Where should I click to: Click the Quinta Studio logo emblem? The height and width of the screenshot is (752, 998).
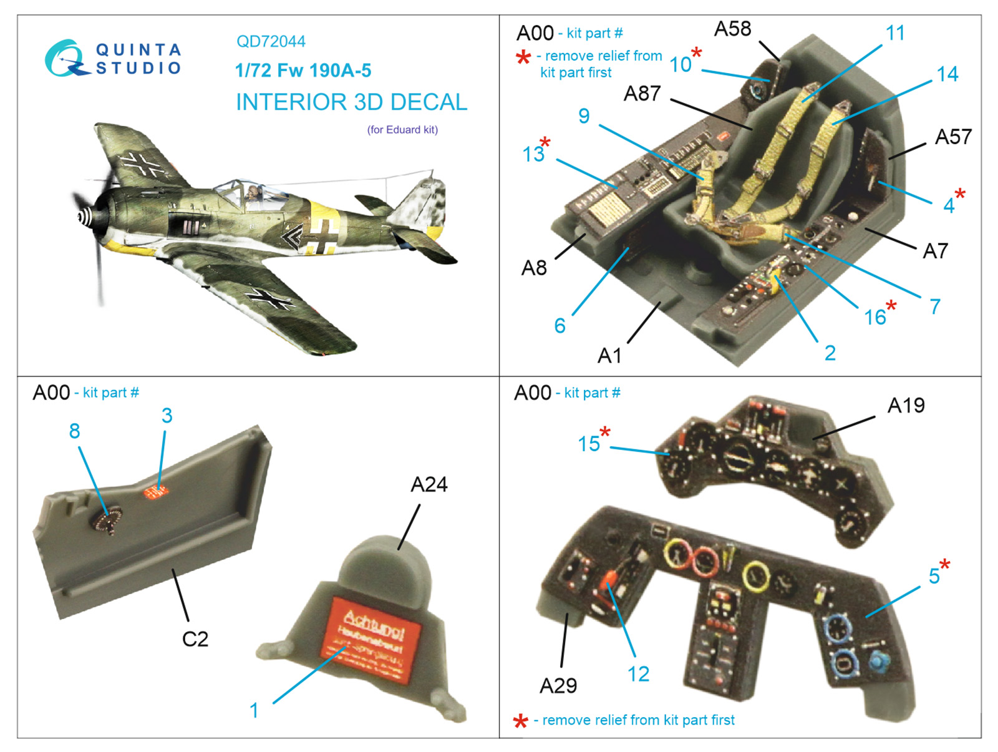coord(64,59)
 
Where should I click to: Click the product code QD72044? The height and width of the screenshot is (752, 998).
coord(271,42)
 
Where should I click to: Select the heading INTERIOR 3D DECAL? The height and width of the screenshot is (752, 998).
coord(351,102)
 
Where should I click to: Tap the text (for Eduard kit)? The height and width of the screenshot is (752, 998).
coord(402,130)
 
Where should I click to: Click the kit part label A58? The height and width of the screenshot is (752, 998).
coord(732,29)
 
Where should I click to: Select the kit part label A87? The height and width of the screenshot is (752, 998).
coord(642,94)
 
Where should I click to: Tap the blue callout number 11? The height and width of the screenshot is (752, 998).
coord(895,33)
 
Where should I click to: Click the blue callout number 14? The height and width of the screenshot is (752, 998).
coord(947,74)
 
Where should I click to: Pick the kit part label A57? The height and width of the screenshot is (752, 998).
coord(952,137)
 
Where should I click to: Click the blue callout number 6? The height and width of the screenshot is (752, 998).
coord(560,325)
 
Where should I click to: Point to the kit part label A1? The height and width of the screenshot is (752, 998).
coord(609,356)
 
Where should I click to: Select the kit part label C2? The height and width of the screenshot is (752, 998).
coord(195,639)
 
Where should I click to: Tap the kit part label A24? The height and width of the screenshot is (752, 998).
coord(429,484)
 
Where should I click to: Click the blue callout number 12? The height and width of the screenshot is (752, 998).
coord(638,674)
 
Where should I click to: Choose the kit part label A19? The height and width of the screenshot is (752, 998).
coord(906,406)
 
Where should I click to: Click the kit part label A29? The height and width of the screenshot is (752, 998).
coord(558,686)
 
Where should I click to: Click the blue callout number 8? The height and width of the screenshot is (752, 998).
coord(74,431)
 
